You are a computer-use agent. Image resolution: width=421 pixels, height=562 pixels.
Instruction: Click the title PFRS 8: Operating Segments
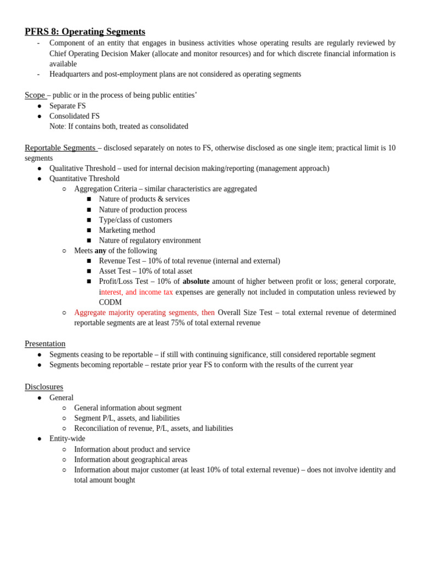[x=85, y=32]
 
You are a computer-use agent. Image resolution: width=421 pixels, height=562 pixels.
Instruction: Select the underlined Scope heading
[x=35, y=95]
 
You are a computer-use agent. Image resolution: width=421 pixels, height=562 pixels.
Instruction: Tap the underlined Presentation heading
[x=45, y=344]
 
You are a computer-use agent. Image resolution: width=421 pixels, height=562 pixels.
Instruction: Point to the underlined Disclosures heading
[x=44, y=387]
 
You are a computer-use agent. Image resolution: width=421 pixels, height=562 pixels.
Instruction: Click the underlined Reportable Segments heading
[x=60, y=148]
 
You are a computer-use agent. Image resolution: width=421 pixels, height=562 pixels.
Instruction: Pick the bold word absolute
[x=196, y=282]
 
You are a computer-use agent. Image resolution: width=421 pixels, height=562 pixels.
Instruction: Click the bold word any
[x=100, y=251]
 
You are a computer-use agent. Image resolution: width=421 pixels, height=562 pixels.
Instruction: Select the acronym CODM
[x=110, y=302]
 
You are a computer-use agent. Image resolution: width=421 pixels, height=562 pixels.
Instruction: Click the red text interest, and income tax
[x=136, y=292]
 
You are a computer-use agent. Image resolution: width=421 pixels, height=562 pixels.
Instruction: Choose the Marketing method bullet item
[x=127, y=231]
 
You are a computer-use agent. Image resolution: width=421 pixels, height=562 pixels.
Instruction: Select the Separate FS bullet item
[x=67, y=106]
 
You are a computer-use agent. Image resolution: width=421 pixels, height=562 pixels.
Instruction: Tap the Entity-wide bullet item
[x=67, y=439]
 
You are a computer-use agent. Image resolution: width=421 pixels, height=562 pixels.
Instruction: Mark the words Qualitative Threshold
[x=82, y=168]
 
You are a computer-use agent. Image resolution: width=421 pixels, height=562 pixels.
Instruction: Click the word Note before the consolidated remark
[x=57, y=126]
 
